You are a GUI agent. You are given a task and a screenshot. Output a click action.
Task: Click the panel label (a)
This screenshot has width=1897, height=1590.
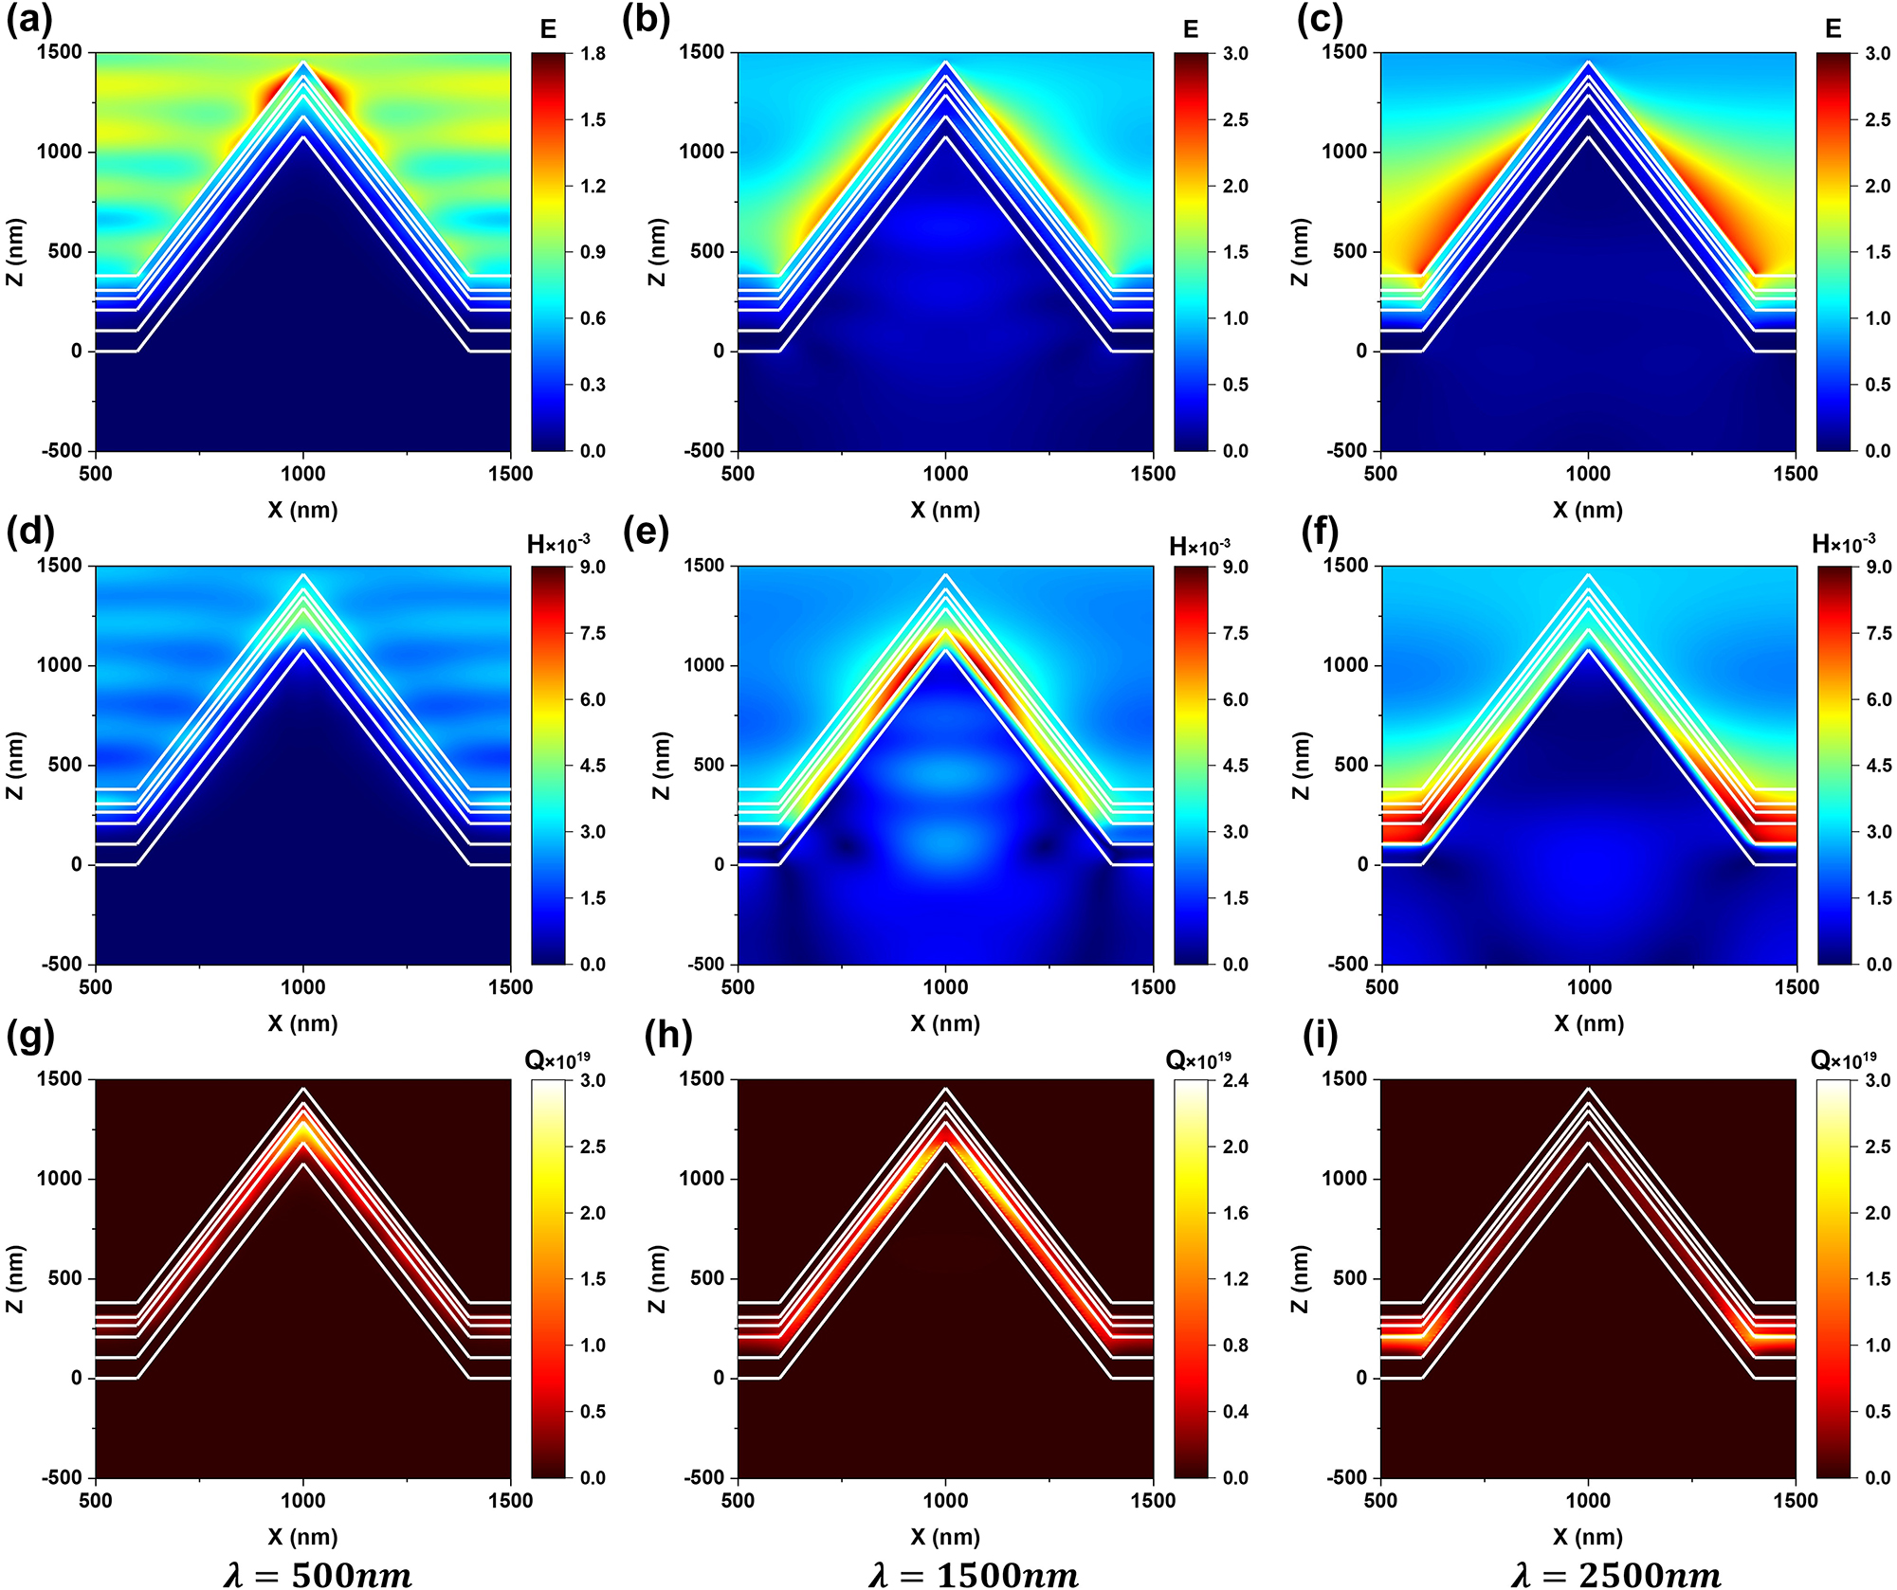pos(28,20)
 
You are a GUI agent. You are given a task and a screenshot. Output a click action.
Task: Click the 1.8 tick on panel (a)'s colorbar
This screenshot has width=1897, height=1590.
pos(593,54)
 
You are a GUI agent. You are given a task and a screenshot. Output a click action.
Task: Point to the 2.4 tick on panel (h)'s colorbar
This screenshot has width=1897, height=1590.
pos(1235,1081)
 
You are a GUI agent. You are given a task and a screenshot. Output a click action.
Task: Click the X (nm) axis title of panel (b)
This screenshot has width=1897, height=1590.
pos(945,510)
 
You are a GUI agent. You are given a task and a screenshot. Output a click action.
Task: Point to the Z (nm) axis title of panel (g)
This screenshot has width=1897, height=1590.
pos(14,1279)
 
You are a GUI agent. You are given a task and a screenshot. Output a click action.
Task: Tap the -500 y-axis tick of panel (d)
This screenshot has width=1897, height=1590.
pos(64,965)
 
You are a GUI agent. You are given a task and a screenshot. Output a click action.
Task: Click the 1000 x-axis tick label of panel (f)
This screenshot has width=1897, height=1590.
pos(1589,987)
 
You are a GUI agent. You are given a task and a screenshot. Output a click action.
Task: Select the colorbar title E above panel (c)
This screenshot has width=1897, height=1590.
pos(1833,29)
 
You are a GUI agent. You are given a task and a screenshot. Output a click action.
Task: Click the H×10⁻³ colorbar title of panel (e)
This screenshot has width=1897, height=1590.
pos(1199,548)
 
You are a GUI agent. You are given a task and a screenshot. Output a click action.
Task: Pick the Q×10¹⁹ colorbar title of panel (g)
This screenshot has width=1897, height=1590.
pos(557,1060)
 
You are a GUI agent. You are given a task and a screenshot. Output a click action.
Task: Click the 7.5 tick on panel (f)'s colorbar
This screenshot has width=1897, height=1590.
pos(1878,634)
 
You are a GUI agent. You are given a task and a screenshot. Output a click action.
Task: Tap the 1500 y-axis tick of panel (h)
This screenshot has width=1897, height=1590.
pos(702,1079)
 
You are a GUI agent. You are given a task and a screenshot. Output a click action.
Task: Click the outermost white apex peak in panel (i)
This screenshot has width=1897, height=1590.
pos(1588,1090)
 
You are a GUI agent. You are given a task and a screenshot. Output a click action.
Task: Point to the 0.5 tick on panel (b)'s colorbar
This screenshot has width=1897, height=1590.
pos(1235,385)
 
